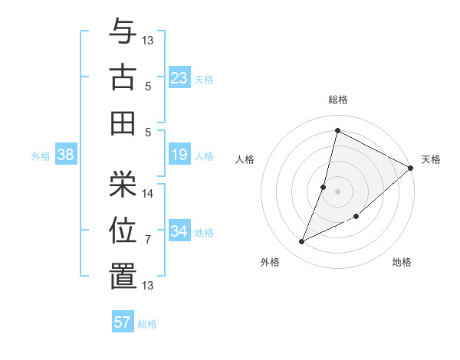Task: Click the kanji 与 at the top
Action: (x=123, y=31)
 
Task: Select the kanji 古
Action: (x=123, y=77)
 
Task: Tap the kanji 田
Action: (x=123, y=123)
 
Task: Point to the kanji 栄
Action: (x=123, y=182)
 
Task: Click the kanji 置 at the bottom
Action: (x=123, y=276)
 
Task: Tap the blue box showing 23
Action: (x=179, y=78)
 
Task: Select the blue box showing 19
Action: (x=179, y=155)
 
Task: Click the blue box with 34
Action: (x=179, y=231)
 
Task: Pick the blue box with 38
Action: (x=66, y=155)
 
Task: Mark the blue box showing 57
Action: (x=123, y=322)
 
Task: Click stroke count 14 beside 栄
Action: (x=148, y=193)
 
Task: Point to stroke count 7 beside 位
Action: (x=148, y=240)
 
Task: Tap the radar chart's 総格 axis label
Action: (x=337, y=100)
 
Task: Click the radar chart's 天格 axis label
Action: (x=431, y=159)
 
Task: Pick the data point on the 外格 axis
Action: (x=302, y=242)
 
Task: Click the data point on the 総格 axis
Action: (x=337, y=131)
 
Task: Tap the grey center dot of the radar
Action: (x=337, y=191)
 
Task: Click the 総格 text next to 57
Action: (x=147, y=324)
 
